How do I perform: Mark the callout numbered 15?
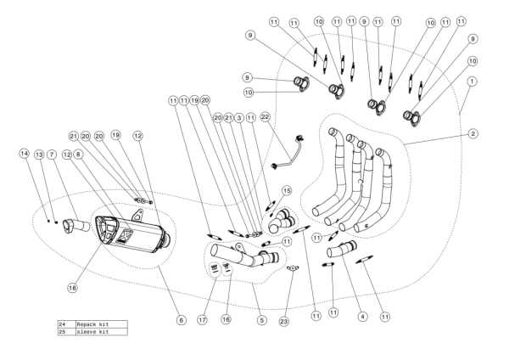pos(287,190)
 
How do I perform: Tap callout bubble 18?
pos(73,288)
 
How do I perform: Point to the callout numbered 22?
pos(266,115)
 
